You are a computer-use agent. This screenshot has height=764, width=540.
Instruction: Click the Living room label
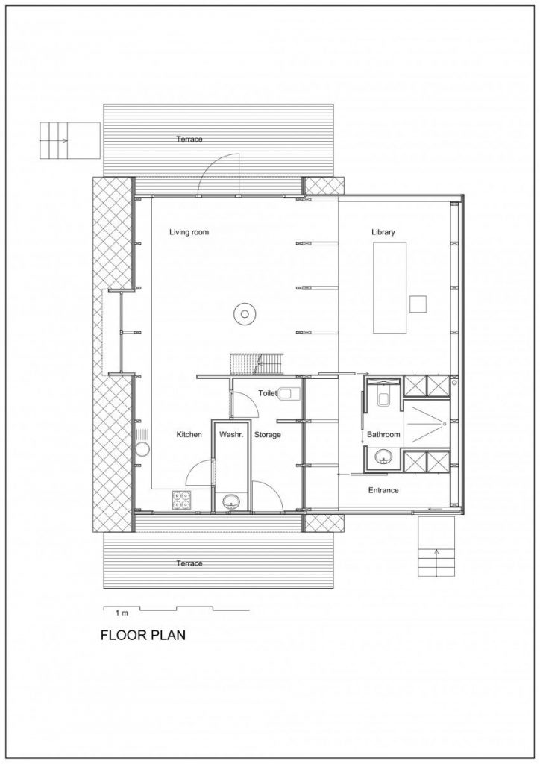click(189, 232)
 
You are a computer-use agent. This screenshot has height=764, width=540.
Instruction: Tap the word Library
click(383, 232)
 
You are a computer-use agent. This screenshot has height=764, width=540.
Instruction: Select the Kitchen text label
click(189, 434)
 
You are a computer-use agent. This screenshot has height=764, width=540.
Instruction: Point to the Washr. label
click(228, 434)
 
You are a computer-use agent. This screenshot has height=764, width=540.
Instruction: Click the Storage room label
click(267, 434)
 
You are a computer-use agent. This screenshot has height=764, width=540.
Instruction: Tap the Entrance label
click(383, 490)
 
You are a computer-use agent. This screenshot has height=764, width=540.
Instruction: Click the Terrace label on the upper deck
click(189, 139)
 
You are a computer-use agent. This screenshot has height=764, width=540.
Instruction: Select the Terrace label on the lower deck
click(189, 563)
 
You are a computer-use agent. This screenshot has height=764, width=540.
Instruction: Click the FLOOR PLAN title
click(142, 636)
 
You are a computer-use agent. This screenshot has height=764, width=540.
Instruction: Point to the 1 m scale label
click(122, 612)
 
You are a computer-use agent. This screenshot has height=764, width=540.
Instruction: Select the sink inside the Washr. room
click(231, 501)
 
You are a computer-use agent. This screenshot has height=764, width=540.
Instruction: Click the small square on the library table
click(418, 304)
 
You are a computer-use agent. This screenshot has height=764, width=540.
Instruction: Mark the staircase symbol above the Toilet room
click(257, 364)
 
